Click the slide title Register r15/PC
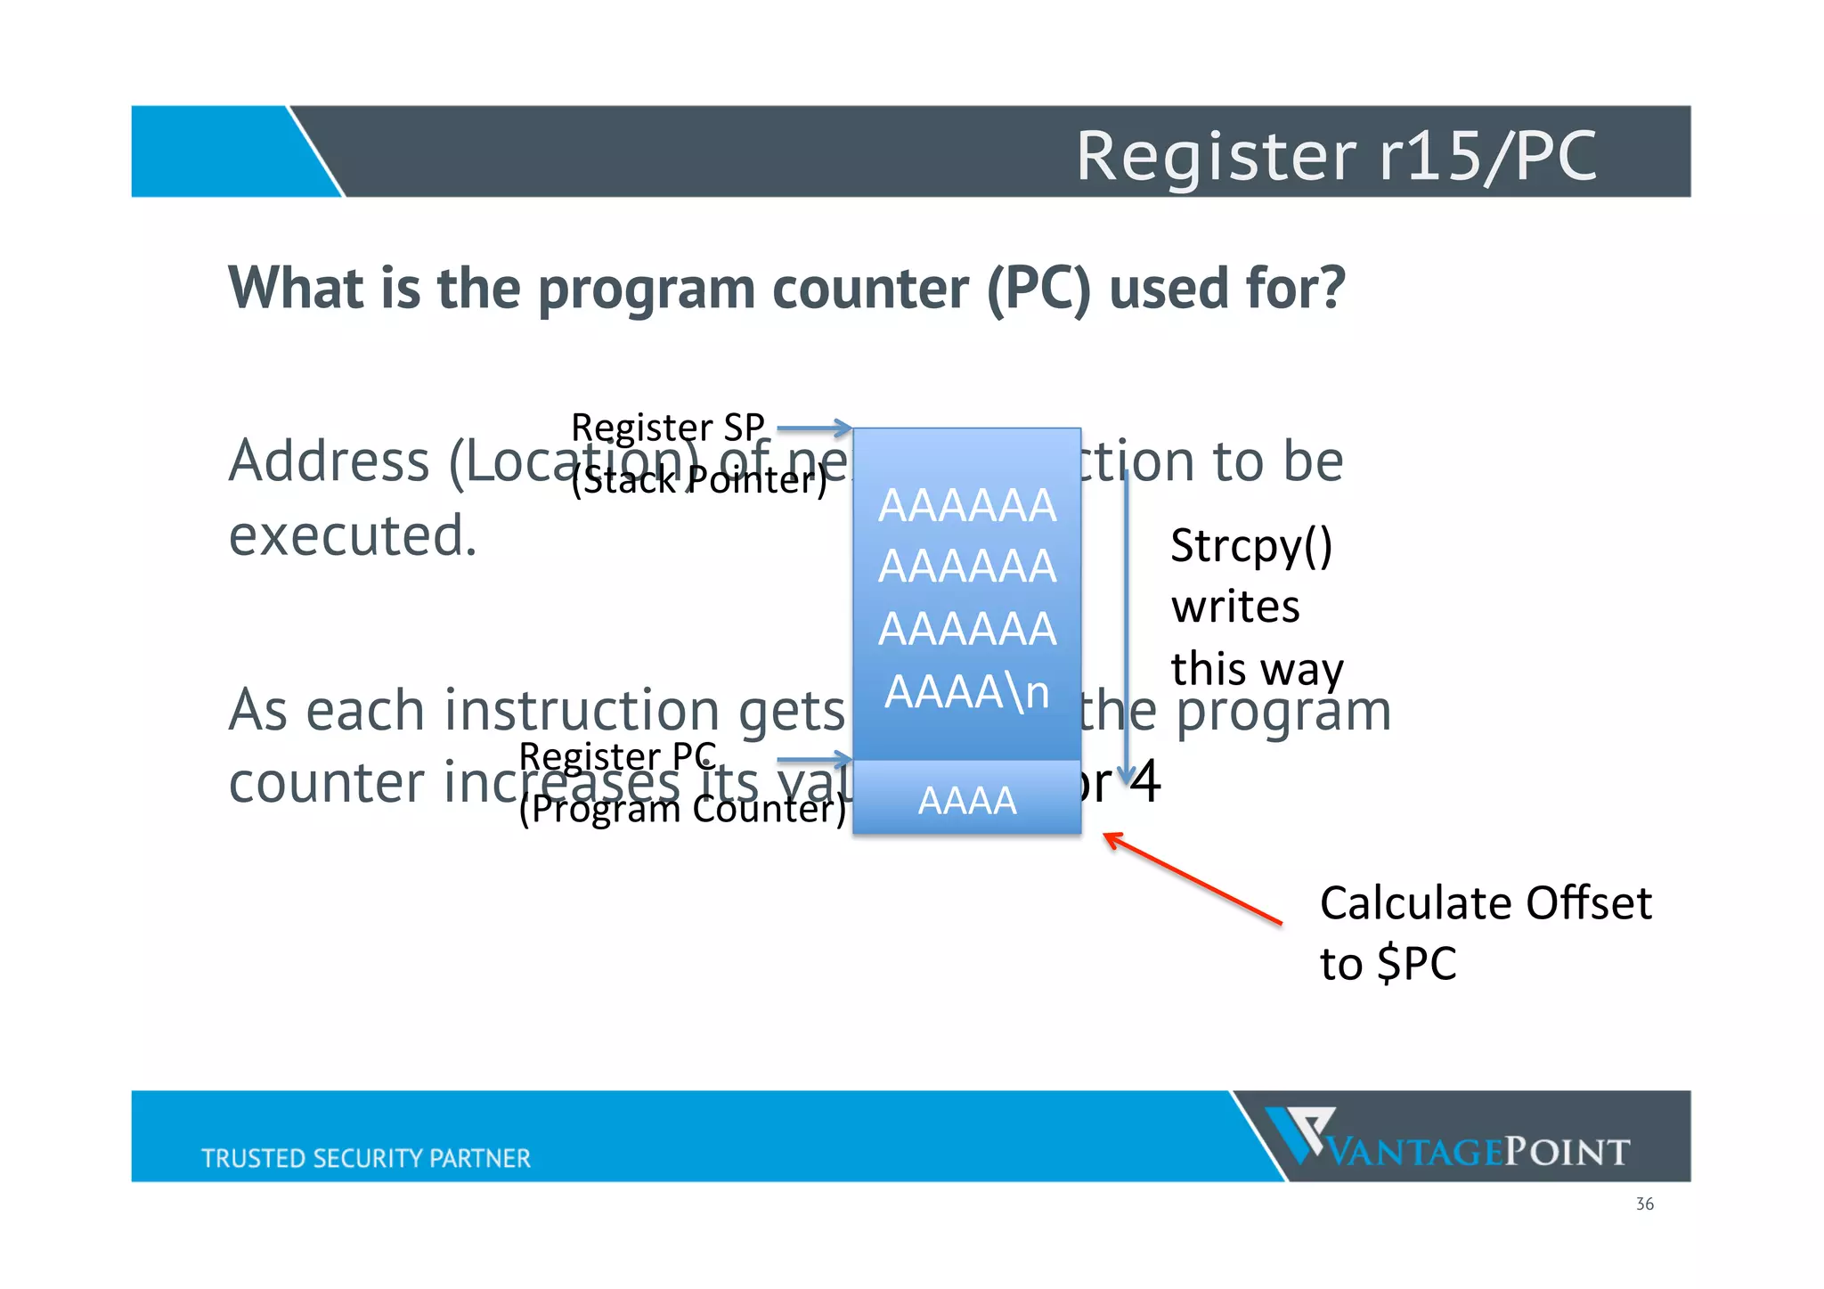[1336, 156]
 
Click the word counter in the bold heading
[869, 290]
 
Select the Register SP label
[667, 428]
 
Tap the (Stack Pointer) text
[699, 480]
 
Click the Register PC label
[617, 756]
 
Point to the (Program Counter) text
[682, 809]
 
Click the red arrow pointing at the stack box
[1193, 878]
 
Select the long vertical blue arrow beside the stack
[1127, 624]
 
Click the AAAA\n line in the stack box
[967, 692]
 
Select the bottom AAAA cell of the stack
[967, 799]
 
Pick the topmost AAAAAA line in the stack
[967, 505]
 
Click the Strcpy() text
[1250, 546]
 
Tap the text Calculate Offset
[1485, 903]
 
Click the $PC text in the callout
[1416, 964]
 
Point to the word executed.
[353, 536]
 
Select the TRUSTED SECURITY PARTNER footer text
[365, 1158]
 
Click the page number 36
[1644, 1204]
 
